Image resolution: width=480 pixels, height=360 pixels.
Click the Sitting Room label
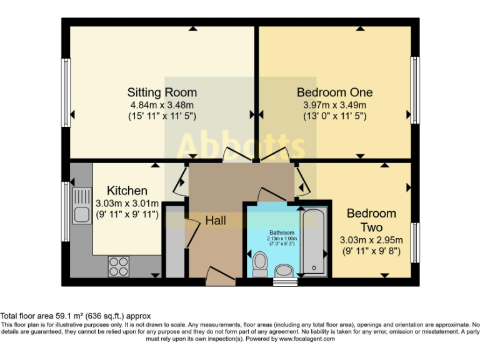click(162, 92)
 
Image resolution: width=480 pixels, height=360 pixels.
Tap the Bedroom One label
click(334, 92)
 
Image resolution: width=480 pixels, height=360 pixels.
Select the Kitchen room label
click(127, 191)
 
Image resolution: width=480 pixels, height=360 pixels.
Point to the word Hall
click(215, 221)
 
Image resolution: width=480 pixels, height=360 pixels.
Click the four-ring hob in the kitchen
click(118, 266)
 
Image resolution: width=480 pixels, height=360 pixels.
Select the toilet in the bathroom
click(259, 263)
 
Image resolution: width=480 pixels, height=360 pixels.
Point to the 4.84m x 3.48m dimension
click(162, 104)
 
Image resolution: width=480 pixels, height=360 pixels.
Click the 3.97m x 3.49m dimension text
click(334, 104)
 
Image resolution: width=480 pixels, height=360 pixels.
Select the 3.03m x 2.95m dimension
click(372, 240)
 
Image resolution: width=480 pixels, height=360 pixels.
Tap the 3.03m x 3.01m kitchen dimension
click(127, 203)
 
